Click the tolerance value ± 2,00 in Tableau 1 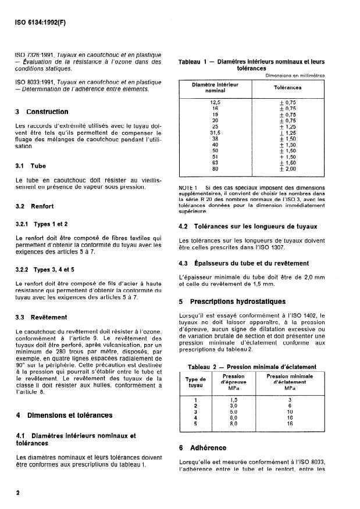click(287, 169)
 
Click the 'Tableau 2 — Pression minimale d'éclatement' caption click(252, 367)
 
